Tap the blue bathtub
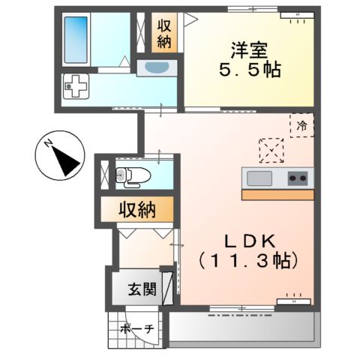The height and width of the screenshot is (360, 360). tap(76, 39)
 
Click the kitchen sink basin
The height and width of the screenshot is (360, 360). tap(260, 178)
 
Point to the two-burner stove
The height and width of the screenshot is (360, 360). tap(297, 178)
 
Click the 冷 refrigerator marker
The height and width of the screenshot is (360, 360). tap(301, 125)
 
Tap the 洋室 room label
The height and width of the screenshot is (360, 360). tap(245, 52)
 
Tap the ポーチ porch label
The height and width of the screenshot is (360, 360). tap(136, 328)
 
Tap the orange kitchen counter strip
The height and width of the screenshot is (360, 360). tap(276, 194)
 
